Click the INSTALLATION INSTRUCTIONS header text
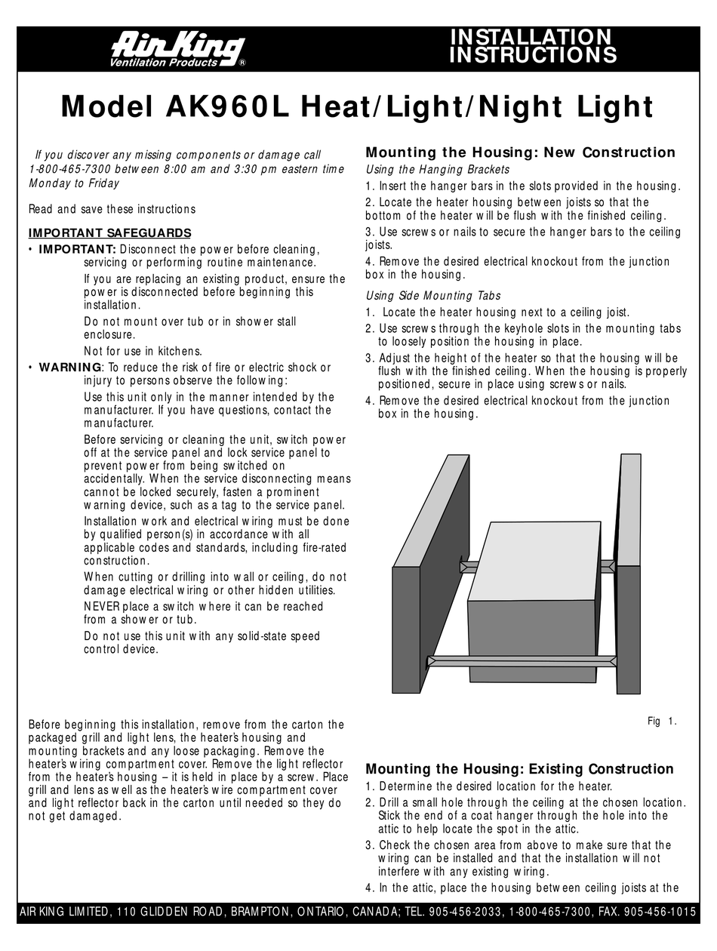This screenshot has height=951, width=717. (533, 46)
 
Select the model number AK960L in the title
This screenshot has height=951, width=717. (227, 106)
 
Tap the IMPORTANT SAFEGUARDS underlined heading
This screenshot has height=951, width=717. (109, 232)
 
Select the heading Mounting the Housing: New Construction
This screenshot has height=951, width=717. (520, 152)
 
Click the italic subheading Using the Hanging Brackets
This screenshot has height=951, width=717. (437, 170)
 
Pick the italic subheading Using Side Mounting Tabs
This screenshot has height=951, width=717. (432, 295)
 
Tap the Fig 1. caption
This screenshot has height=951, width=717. (662, 722)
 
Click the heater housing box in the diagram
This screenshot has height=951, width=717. (532, 596)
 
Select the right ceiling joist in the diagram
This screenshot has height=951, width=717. (629, 574)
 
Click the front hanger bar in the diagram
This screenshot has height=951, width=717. (521, 661)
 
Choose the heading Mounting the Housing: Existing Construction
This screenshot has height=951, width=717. (519, 769)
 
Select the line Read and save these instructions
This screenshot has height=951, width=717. (112, 209)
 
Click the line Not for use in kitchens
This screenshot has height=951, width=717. (143, 351)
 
